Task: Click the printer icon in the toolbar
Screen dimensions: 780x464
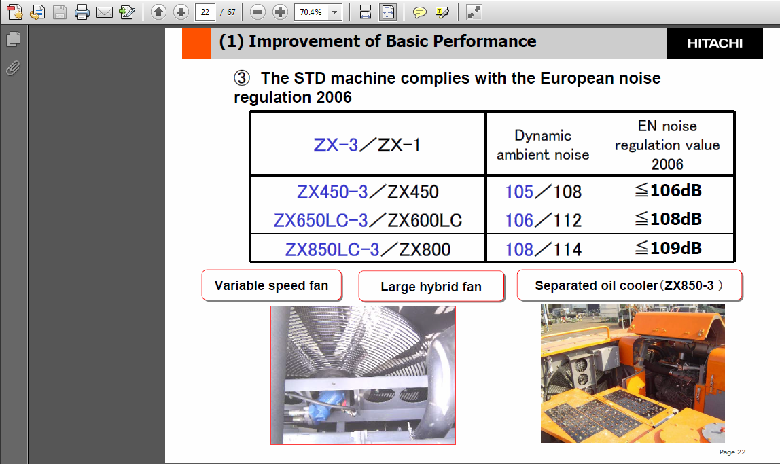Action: point(82,12)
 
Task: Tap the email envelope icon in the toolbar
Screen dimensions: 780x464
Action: point(105,12)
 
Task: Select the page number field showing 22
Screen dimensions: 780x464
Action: point(205,12)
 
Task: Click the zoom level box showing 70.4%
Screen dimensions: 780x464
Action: point(311,12)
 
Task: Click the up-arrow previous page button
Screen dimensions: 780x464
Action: point(159,12)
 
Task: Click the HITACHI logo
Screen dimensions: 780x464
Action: point(715,43)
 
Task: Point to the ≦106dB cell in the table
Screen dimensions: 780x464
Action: point(668,190)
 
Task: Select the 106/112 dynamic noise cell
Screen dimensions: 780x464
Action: point(544,219)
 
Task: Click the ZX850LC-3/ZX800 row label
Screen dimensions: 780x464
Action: point(368,249)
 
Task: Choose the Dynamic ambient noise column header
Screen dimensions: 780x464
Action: point(544,145)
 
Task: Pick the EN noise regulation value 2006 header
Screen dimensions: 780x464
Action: point(668,145)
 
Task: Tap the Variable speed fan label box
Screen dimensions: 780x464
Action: point(272,285)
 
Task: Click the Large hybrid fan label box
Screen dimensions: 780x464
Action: point(431,287)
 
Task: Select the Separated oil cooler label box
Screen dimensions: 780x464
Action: point(629,285)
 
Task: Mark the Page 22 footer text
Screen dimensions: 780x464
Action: point(732,452)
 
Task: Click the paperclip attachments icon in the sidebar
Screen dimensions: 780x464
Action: point(13,68)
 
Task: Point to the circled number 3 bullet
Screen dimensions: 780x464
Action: point(242,78)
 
